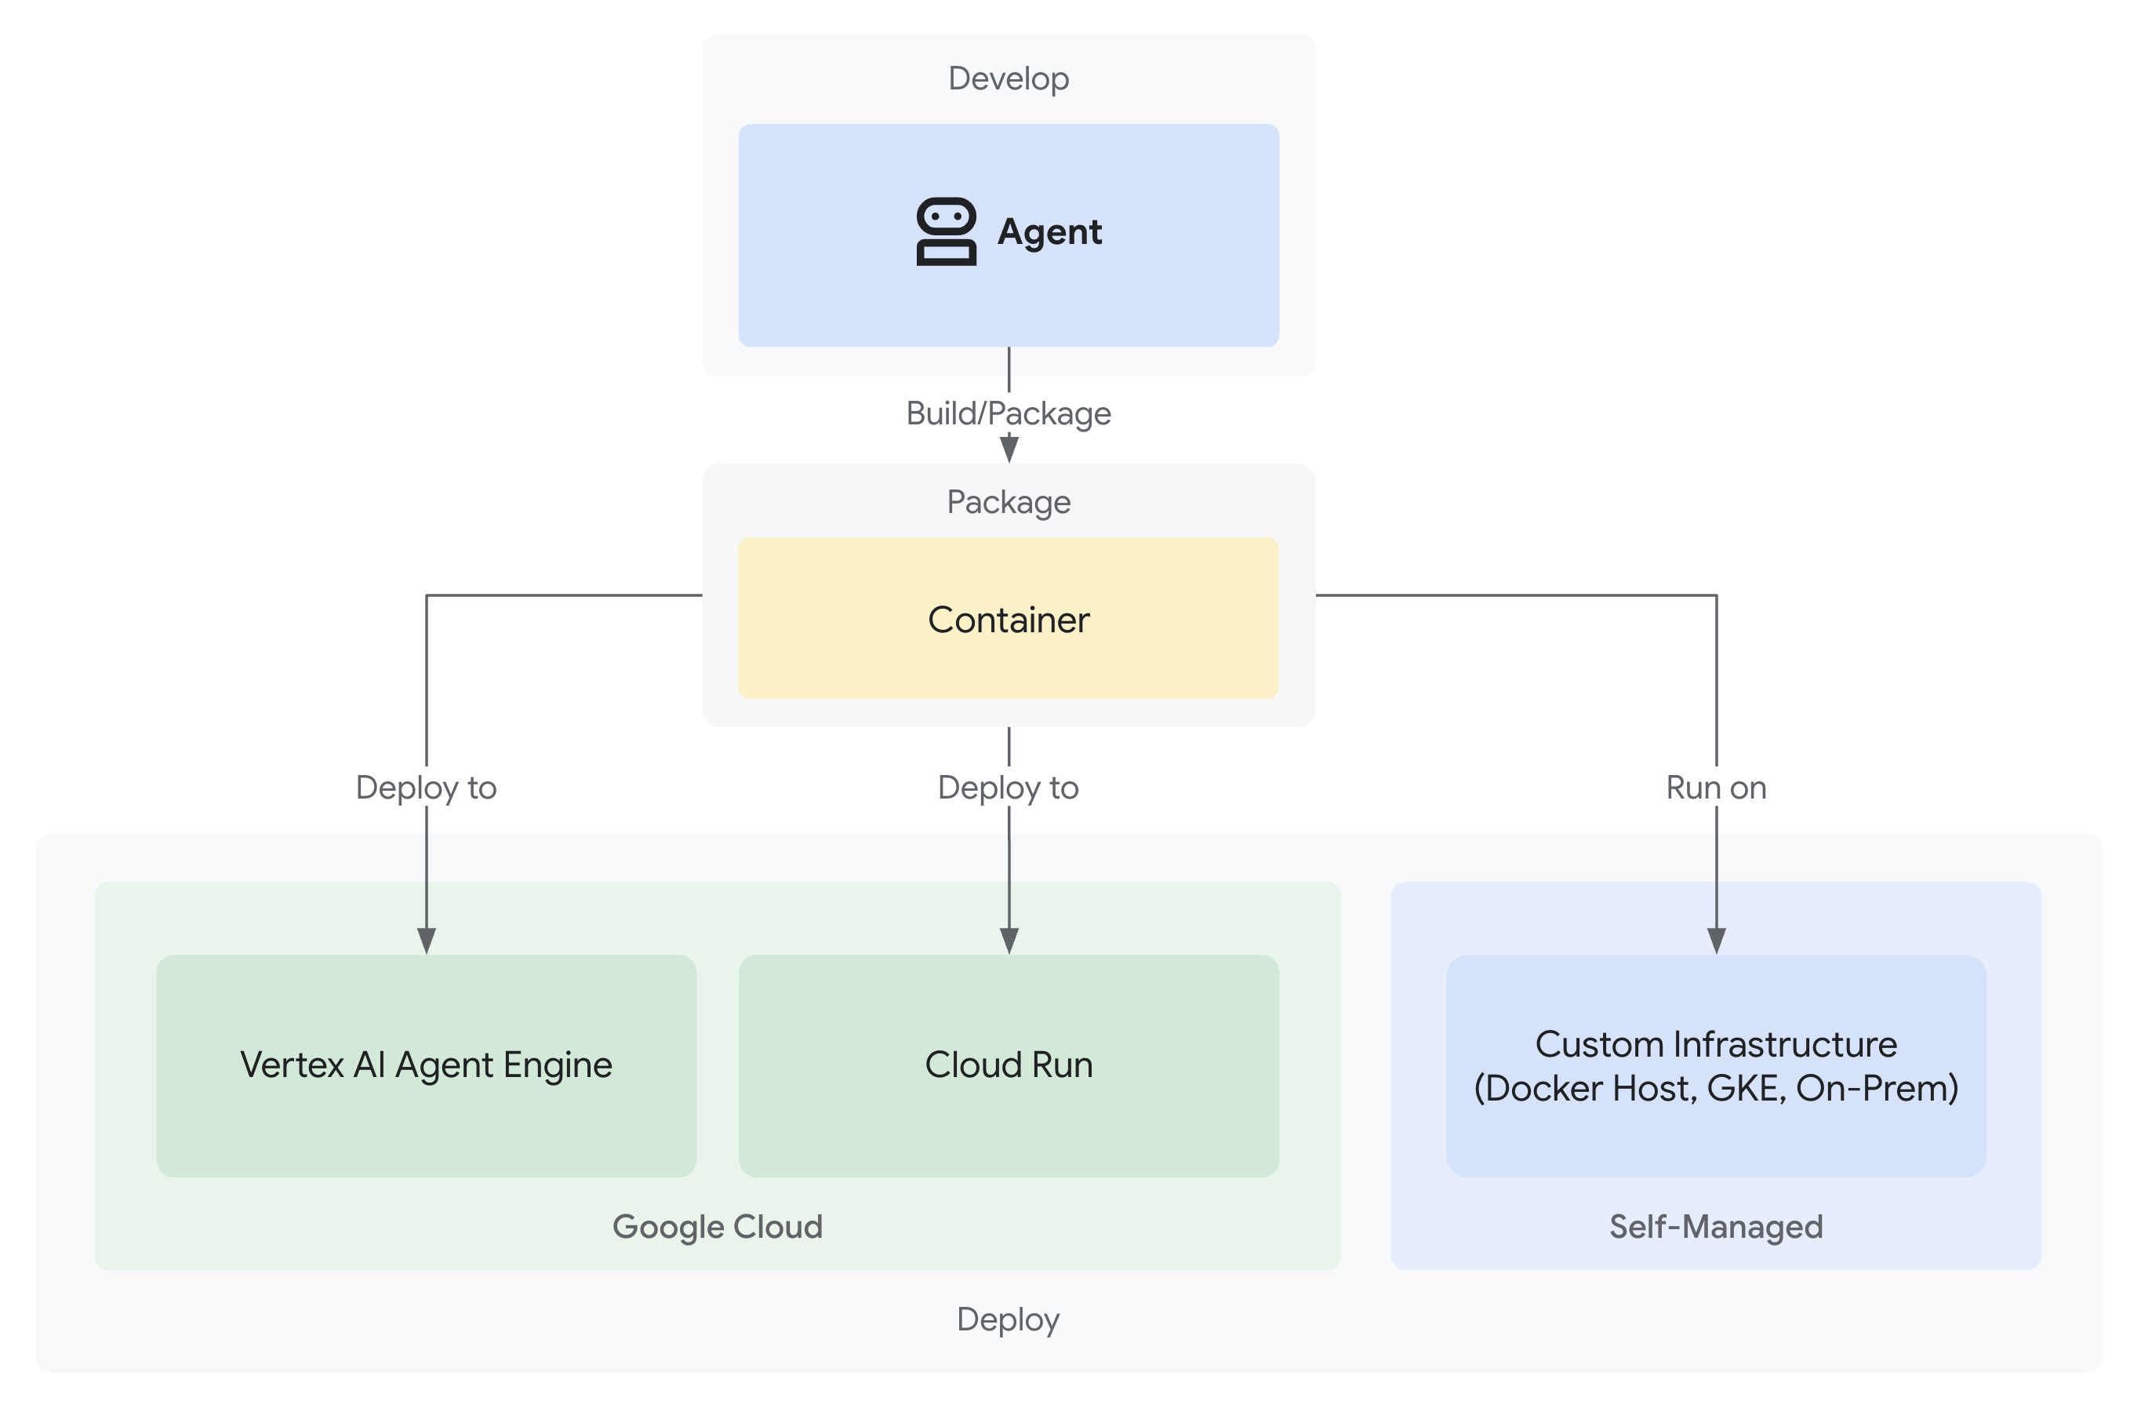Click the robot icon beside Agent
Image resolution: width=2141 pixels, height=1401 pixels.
[946, 231]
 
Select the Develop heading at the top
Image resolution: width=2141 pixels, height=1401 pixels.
[1009, 79]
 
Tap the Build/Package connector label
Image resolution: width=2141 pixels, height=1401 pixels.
[1009, 413]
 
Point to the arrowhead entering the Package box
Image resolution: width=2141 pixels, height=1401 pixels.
[1009, 448]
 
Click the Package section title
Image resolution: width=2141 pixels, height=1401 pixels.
[1009, 501]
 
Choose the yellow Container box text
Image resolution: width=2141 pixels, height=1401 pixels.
[1009, 620]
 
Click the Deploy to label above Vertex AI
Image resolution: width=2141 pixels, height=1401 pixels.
[426, 788]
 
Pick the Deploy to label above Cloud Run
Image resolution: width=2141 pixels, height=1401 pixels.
[1008, 788]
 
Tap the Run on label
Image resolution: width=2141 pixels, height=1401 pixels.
[1715, 788]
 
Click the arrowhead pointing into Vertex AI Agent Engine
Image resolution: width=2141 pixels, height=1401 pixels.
[427, 941]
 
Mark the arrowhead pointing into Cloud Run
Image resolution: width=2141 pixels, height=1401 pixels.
[1009, 941]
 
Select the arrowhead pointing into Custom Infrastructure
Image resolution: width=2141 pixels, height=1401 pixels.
[1717, 941]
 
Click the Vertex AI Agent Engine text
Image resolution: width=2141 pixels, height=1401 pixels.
[426, 1065]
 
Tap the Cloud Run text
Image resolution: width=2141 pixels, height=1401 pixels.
[1009, 1065]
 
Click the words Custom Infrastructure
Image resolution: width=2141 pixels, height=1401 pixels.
[1715, 1044]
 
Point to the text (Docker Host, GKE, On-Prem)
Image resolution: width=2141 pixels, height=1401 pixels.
[1715, 1089]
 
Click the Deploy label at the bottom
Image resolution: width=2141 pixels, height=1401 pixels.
[1008, 1319]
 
